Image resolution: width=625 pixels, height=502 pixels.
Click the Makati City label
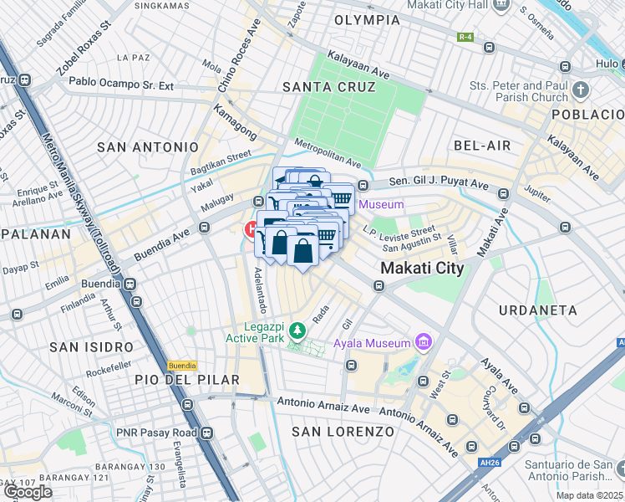pos(422,269)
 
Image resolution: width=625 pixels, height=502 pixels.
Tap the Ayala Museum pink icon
pos(424,342)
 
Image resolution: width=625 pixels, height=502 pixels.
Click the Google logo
pos(28,492)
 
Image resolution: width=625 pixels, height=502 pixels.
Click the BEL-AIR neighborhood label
pos(482,146)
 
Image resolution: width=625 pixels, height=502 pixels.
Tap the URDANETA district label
pos(537,310)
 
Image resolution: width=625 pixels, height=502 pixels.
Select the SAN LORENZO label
pos(343,432)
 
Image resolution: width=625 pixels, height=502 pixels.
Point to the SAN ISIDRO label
pos(91,346)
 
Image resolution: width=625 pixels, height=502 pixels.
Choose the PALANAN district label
pos(34,234)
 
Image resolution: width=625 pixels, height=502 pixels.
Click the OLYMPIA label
pos(367,19)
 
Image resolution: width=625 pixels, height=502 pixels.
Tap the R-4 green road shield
pos(465,37)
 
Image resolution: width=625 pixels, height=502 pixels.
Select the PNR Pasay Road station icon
pos(206,433)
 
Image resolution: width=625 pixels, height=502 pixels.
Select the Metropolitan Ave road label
pos(328,153)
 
